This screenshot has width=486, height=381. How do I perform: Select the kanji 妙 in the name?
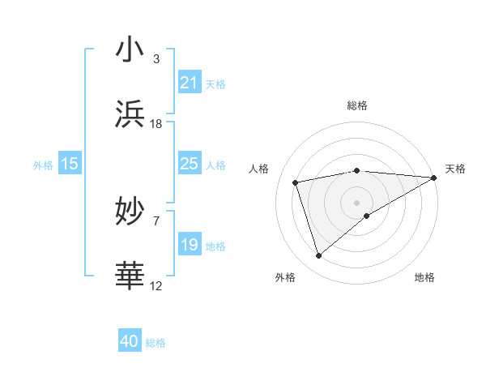click(x=130, y=212)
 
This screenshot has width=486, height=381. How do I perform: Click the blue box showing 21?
click(x=189, y=83)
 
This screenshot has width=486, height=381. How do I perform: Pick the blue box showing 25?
click(x=189, y=164)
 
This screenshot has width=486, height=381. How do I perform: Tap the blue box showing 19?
click(x=189, y=245)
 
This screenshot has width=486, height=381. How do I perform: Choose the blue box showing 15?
click(x=70, y=164)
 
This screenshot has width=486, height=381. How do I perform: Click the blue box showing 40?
click(x=130, y=342)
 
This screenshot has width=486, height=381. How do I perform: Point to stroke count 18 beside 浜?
click(x=156, y=124)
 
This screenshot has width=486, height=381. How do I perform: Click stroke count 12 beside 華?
click(x=156, y=285)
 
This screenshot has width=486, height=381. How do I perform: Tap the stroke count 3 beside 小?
click(x=156, y=59)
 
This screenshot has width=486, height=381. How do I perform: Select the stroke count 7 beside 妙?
click(x=156, y=220)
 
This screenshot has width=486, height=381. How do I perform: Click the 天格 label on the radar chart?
click(x=455, y=169)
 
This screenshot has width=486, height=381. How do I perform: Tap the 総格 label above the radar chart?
click(x=356, y=105)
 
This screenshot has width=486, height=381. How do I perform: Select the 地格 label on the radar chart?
click(x=424, y=278)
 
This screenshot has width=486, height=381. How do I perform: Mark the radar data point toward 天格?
click(x=434, y=178)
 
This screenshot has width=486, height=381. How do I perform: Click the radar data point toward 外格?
click(x=318, y=256)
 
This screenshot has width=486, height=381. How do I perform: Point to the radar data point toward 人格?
click(x=296, y=182)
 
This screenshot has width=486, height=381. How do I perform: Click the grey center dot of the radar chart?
click(x=356, y=202)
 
